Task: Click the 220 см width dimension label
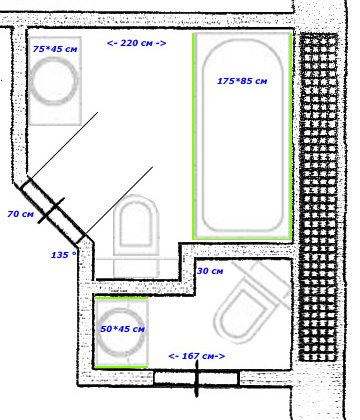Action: (x=136, y=43)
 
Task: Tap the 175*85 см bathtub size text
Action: (x=242, y=81)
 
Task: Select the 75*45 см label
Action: (x=55, y=49)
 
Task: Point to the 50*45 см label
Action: (x=123, y=329)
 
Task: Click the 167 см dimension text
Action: (x=197, y=356)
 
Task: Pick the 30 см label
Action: (x=210, y=271)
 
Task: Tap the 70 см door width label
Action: (x=21, y=214)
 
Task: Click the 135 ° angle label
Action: (x=63, y=255)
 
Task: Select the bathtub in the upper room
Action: (x=242, y=136)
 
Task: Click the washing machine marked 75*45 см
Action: (x=55, y=81)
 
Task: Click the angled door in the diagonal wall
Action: (x=53, y=209)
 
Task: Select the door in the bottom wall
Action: (x=196, y=378)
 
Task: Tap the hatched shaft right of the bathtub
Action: (x=318, y=197)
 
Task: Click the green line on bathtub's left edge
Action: (x=193, y=136)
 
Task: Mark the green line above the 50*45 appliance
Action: (x=121, y=298)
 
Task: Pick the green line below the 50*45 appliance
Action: (x=121, y=367)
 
